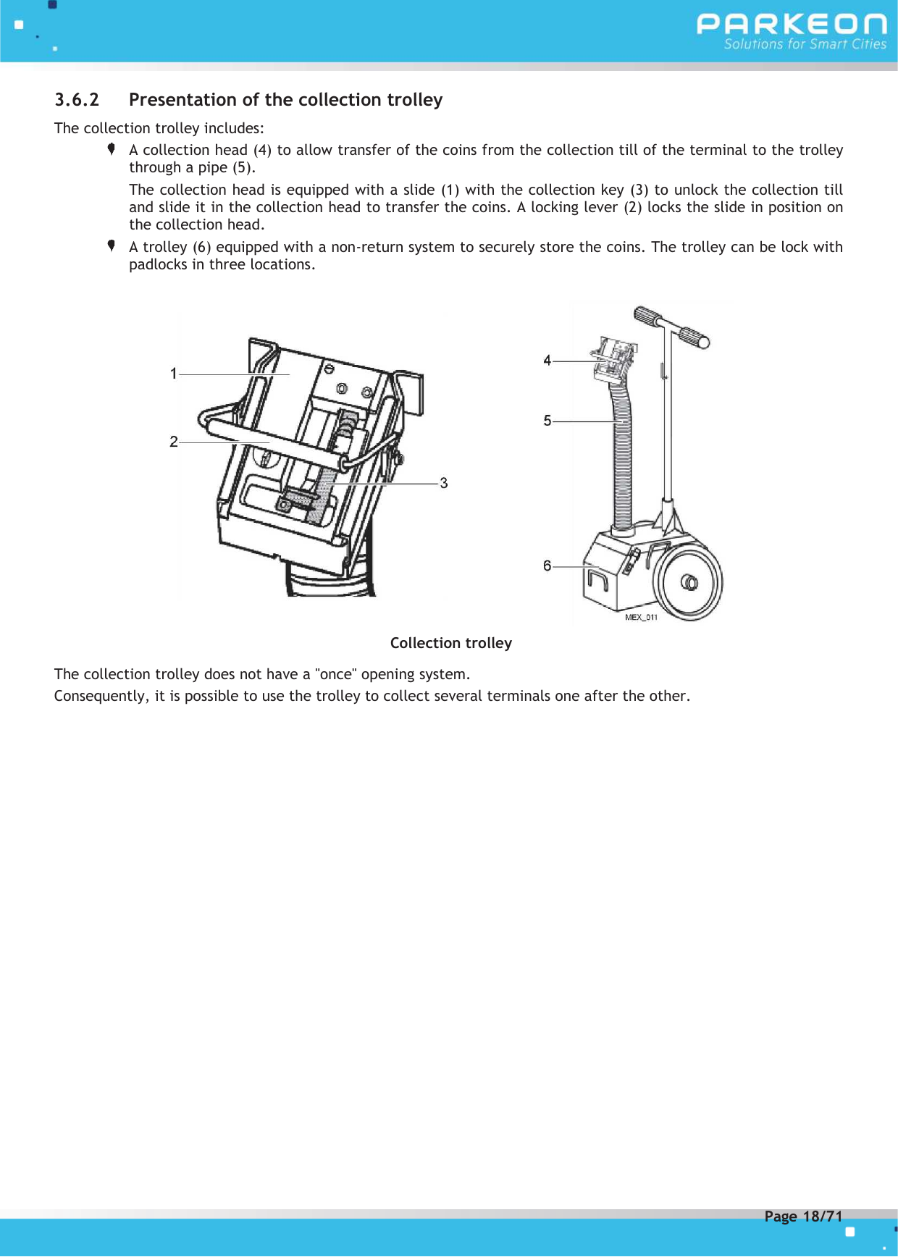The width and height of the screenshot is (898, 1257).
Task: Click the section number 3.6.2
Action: point(77,100)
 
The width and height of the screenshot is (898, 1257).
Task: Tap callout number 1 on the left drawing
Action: point(174,374)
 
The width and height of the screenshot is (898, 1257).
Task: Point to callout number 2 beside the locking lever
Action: point(174,442)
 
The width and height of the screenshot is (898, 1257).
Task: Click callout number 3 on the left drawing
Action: point(444,483)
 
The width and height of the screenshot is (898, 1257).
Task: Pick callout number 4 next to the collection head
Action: point(547,361)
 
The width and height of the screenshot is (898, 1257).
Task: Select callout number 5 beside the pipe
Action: point(547,421)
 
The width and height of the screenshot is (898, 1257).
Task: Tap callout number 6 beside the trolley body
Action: point(547,566)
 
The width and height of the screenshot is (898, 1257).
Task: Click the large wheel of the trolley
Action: point(688,582)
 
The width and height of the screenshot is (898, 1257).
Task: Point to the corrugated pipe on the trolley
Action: point(621,463)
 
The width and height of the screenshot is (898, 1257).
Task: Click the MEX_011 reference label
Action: point(641,617)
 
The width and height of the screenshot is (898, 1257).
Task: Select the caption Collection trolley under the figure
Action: point(450,643)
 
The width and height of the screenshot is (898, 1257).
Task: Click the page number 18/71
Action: point(823,1216)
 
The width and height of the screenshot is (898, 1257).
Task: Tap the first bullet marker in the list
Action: point(112,149)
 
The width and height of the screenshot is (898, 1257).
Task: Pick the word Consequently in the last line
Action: point(101,696)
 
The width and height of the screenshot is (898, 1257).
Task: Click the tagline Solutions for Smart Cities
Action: point(805,44)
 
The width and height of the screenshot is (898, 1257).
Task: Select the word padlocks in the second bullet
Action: point(158,264)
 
